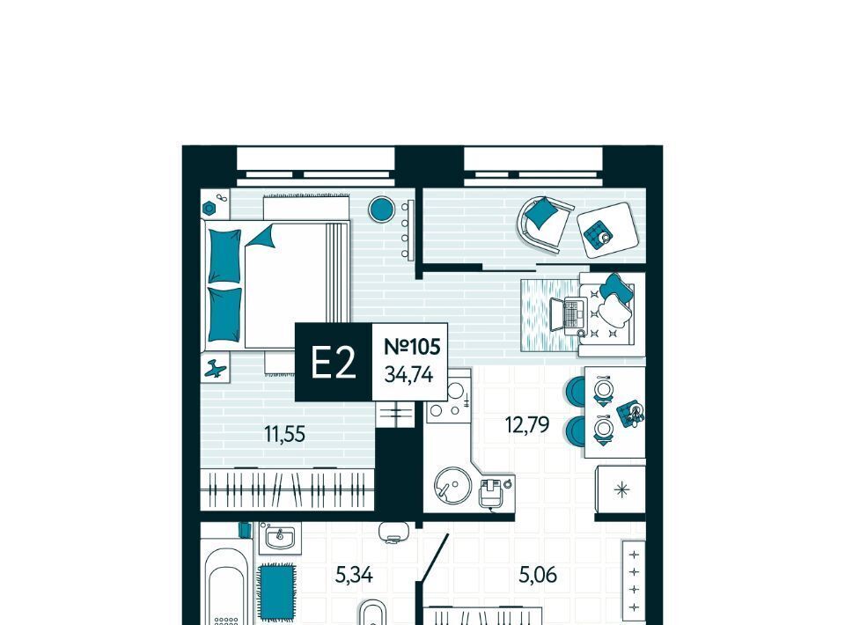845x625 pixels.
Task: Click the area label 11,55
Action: coord(284,434)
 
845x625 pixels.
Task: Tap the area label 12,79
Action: coord(527,424)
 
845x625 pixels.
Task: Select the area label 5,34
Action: coord(354,576)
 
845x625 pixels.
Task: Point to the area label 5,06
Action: coord(538,576)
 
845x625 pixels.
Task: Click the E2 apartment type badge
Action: coord(334,362)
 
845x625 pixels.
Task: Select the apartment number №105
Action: coord(412,347)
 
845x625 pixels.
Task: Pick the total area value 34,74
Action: coord(409,374)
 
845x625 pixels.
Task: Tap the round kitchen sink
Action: coord(452,485)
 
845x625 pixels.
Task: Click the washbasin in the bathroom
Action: coord(279,538)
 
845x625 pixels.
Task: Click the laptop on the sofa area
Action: coord(568,314)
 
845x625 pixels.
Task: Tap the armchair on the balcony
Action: coord(544,224)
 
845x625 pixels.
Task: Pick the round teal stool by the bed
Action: coord(381,209)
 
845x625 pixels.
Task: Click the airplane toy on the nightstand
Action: coord(216,369)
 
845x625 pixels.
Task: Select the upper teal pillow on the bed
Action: coord(224,255)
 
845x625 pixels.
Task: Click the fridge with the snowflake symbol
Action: coord(621,489)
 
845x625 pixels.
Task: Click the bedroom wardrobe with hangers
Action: coord(287,489)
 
